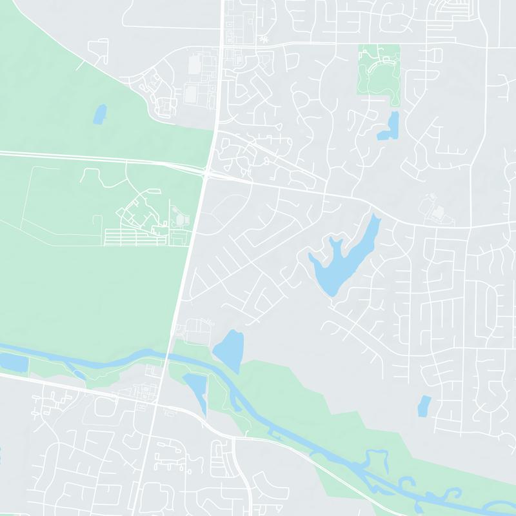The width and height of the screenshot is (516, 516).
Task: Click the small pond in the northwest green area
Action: click(x=100, y=114)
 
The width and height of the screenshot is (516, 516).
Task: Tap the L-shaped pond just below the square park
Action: click(x=390, y=127)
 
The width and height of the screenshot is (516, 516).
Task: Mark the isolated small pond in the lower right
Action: click(x=424, y=405)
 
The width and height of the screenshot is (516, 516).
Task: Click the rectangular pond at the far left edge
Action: click(x=13, y=362)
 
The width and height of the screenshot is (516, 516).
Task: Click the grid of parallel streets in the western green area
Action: click(x=135, y=237)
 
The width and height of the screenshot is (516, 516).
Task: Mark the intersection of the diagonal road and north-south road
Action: click(x=155, y=405)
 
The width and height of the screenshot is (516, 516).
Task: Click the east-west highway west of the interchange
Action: click(x=97, y=157)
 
